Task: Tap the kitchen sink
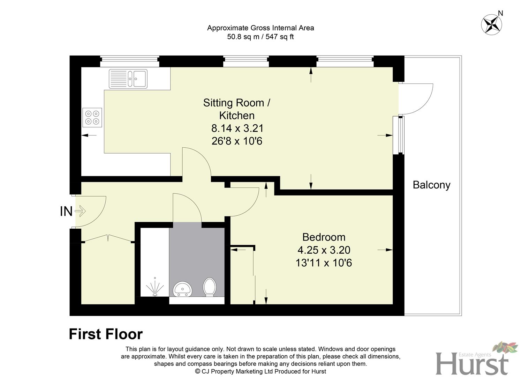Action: point(128,79)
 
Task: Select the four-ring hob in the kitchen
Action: point(92,117)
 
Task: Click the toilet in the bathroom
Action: point(210,287)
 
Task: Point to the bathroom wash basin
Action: point(182,289)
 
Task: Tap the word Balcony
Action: point(431,185)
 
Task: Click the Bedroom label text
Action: point(324,237)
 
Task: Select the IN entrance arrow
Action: point(80,211)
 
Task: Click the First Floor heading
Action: point(106,334)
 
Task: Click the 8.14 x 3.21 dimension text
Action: point(237,128)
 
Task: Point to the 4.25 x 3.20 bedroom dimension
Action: point(324,250)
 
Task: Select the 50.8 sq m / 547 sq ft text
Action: point(260,37)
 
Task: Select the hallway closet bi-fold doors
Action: point(108,238)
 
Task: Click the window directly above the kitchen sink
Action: point(130,62)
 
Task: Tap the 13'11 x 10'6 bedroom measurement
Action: point(324,263)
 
